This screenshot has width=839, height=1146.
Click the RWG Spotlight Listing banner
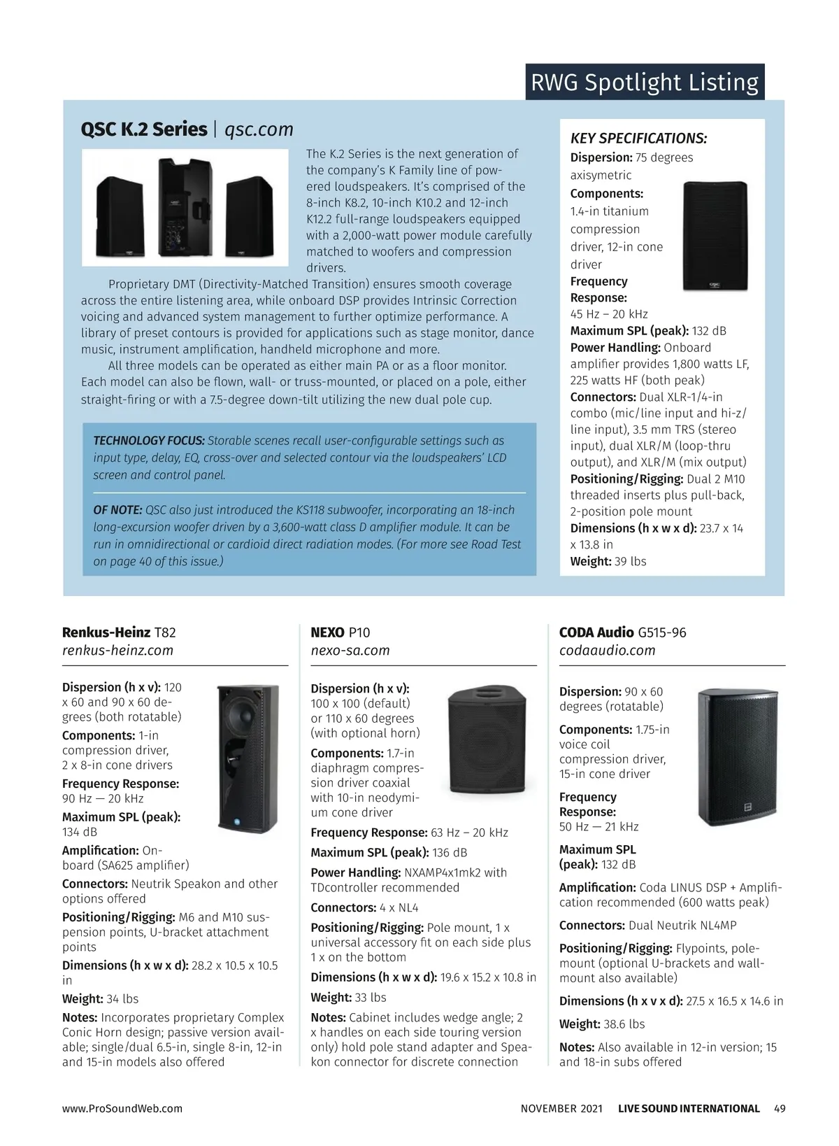click(645, 83)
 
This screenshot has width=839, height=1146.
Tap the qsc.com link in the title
click(259, 130)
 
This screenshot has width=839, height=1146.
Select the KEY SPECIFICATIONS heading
click(638, 139)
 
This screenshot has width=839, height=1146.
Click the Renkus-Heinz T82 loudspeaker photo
click(248, 758)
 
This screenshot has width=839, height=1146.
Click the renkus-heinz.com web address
click(117, 650)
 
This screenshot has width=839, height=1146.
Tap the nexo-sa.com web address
click(350, 650)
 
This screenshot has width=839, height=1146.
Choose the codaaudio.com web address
click(607, 650)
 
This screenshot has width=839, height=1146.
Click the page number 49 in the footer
click(780, 1108)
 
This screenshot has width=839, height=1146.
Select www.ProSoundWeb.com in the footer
click(122, 1108)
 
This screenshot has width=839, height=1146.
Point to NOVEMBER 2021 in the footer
click(561, 1108)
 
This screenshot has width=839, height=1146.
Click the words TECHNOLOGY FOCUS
click(149, 441)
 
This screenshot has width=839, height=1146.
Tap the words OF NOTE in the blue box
click(117, 510)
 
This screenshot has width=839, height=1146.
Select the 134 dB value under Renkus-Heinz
click(80, 832)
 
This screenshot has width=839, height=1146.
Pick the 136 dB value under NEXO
click(450, 852)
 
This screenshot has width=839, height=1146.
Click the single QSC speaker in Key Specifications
click(715, 236)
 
